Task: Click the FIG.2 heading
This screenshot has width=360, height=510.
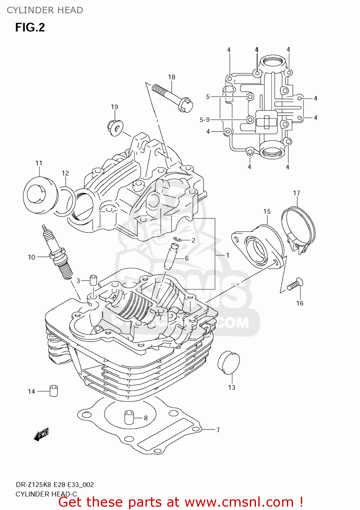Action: coord(30,27)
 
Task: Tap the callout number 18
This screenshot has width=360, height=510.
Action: coord(172,77)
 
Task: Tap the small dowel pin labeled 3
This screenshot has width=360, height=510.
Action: coord(93,280)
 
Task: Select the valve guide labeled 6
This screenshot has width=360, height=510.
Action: coord(169,257)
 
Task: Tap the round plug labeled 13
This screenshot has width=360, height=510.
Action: coord(228,362)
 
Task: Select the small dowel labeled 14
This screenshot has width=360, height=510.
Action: coord(54,391)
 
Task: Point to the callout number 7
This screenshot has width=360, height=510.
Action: coord(218,430)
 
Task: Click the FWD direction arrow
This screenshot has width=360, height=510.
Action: coord(41,434)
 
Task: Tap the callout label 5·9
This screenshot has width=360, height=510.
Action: coord(205,120)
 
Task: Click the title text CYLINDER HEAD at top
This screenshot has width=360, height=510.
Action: coord(45,10)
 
